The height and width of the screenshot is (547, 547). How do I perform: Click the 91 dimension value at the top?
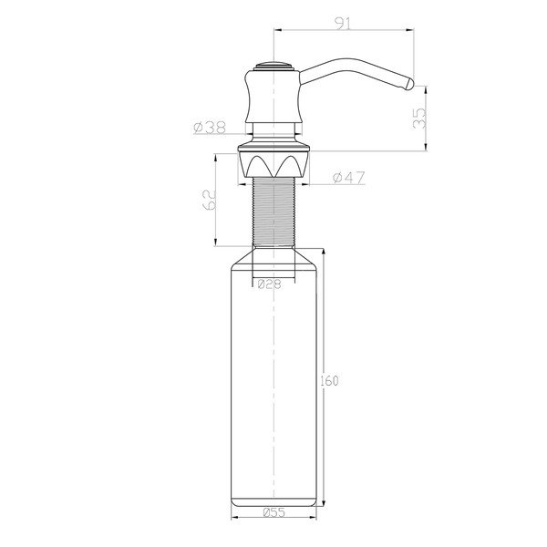click(x=343, y=25)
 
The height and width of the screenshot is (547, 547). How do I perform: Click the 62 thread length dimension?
click(x=208, y=200)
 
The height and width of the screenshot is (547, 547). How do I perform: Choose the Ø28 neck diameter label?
click(x=269, y=284)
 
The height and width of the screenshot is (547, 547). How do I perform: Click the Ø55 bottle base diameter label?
click(x=273, y=512)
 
